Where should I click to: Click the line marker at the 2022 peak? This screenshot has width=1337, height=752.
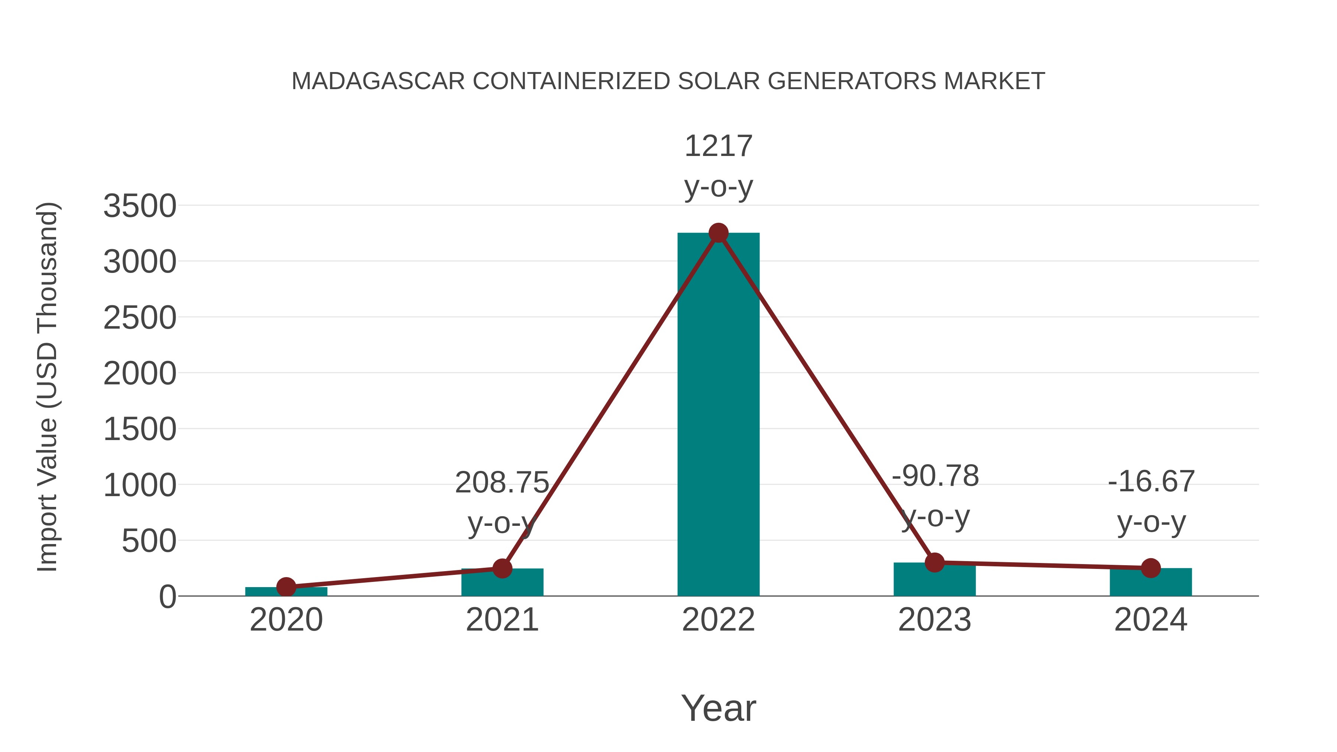tap(718, 233)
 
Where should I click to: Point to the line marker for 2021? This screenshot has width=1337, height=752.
tap(502, 568)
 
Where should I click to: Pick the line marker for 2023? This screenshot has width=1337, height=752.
tap(934, 562)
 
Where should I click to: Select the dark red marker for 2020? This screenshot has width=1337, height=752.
tap(286, 587)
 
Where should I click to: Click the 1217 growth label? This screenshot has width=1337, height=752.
tap(718, 146)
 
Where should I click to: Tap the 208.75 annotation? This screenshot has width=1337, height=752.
tap(501, 483)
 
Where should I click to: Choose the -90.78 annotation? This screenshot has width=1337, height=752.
tap(935, 476)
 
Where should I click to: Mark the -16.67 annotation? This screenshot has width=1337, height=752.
tap(1151, 482)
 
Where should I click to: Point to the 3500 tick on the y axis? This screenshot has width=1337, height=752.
tap(140, 206)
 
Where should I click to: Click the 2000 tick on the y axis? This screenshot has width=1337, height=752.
tap(140, 374)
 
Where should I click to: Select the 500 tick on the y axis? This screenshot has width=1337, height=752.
tap(149, 541)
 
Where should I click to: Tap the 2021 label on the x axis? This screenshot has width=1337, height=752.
tap(502, 620)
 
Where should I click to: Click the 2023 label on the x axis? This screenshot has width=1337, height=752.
tap(934, 620)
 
